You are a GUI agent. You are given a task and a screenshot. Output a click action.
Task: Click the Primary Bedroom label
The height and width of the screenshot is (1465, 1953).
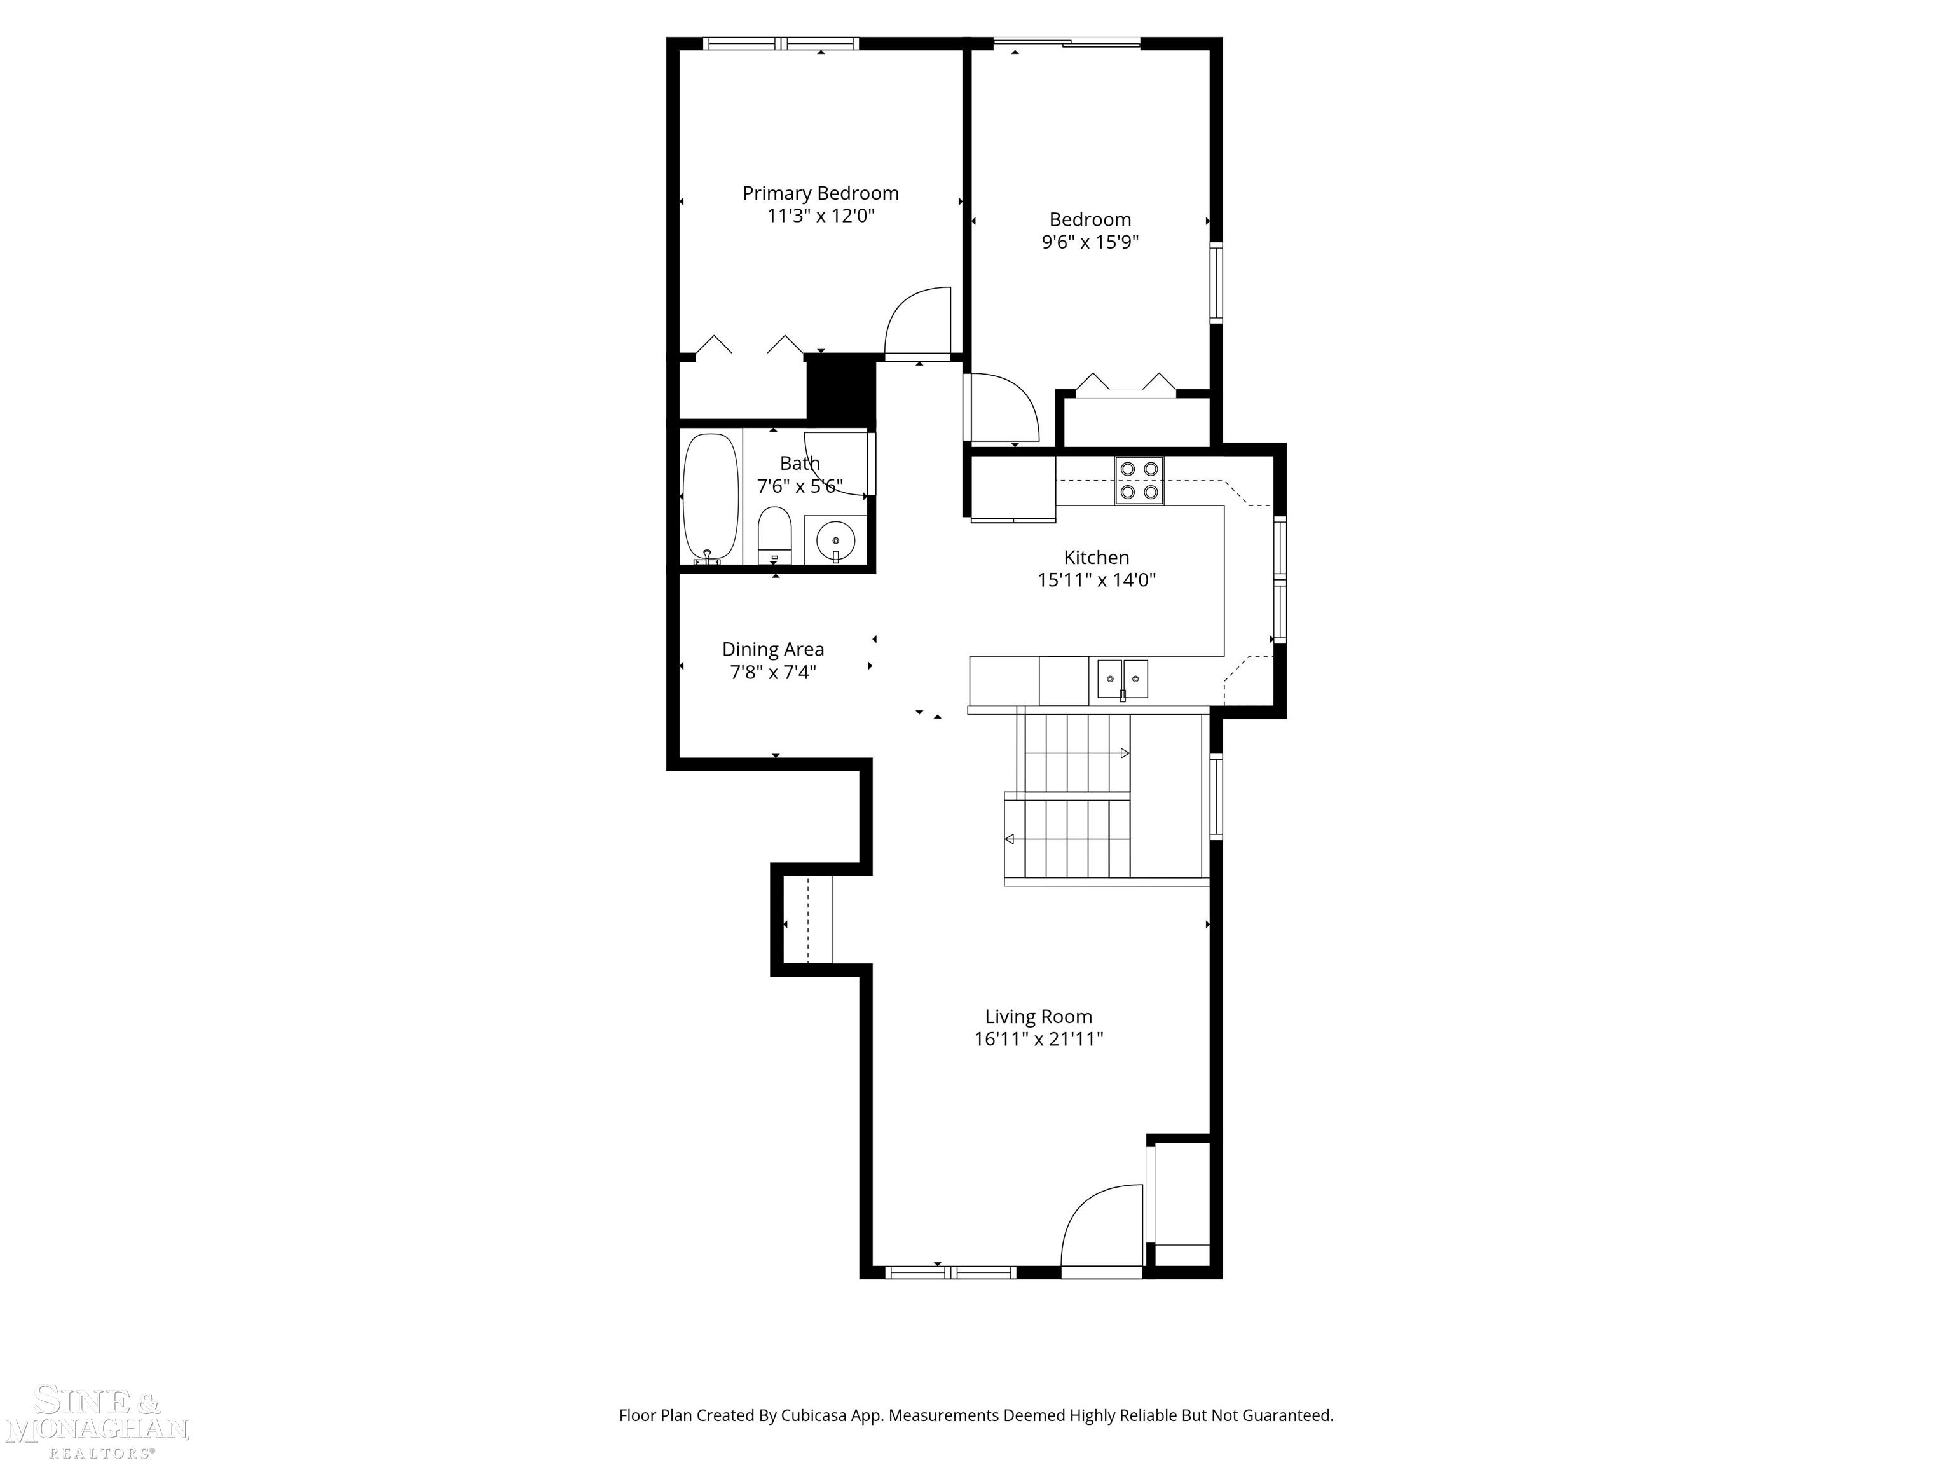[x=820, y=193]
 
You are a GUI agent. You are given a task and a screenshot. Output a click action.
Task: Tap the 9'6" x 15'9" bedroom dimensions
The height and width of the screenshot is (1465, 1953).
[x=1090, y=242]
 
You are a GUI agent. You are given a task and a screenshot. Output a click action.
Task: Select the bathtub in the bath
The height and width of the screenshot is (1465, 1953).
[x=711, y=497]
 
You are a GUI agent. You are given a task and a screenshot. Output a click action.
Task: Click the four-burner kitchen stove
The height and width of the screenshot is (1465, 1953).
[x=1139, y=481]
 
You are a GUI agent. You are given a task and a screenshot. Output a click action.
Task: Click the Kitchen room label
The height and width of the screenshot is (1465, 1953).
[x=1097, y=557]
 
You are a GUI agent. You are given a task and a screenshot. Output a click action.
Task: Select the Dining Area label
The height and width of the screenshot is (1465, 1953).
[x=774, y=649]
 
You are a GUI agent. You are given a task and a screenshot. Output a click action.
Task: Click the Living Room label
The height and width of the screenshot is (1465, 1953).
[x=1038, y=1016]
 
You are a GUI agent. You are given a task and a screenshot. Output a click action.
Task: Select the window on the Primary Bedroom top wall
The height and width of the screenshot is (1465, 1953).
[x=781, y=43]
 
